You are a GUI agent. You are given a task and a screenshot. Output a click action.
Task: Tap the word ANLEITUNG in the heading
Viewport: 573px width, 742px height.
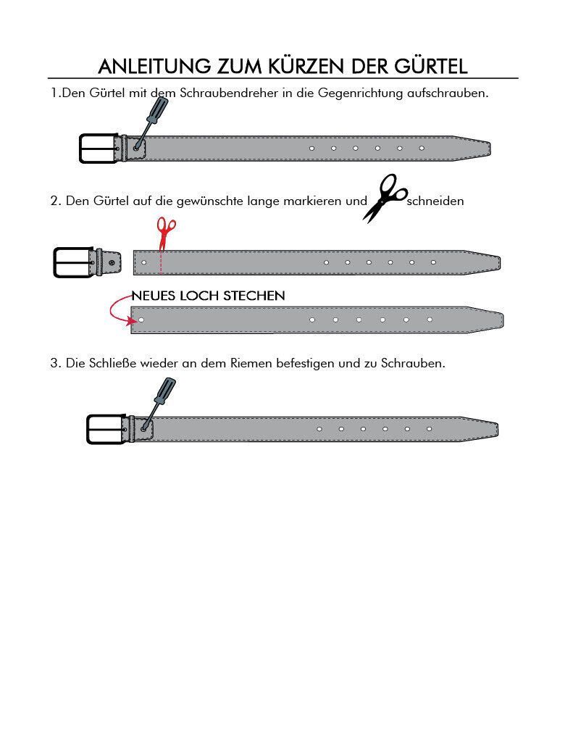pyautogui.click(x=154, y=66)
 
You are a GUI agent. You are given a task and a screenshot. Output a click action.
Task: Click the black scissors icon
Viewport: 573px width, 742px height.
pyautogui.click(x=385, y=198)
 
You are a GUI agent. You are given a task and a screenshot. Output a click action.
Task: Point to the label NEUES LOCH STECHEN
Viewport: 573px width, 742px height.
pyautogui.click(x=208, y=296)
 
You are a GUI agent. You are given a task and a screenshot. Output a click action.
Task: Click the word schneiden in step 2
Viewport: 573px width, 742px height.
pyautogui.click(x=435, y=201)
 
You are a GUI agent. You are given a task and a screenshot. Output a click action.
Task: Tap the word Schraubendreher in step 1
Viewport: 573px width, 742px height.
pyautogui.click(x=229, y=93)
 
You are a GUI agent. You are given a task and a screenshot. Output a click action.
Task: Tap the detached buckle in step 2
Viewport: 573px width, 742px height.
pyautogui.click(x=87, y=262)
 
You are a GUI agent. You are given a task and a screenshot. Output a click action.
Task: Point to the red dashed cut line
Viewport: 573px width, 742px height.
pyautogui.click(x=161, y=262)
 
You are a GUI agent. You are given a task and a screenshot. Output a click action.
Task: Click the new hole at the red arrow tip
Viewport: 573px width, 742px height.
pyautogui.click(x=141, y=320)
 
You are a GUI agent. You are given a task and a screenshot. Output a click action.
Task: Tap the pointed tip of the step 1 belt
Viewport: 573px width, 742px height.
pyautogui.click(x=490, y=149)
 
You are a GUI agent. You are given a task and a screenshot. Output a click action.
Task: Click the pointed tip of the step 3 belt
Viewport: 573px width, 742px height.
pyautogui.click(x=498, y=429)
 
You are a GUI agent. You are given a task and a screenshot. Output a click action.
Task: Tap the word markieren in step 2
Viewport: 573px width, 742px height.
pyautogui.click(x=313, y=201)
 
